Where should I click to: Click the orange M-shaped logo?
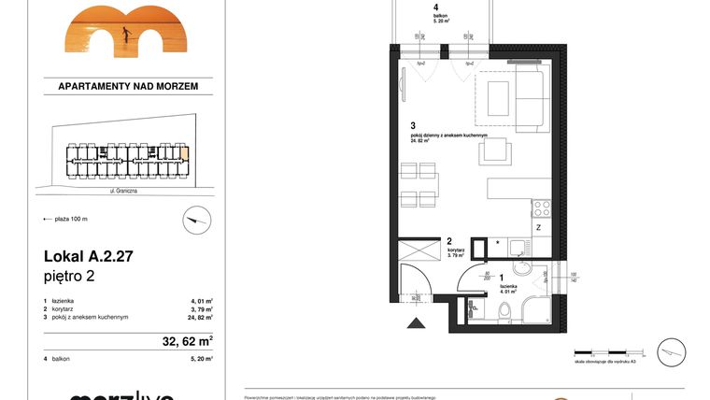point(127,29)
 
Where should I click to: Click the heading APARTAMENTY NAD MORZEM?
point(128,86)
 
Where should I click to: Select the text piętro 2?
point(69,276)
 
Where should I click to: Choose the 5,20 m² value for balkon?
point(201,359)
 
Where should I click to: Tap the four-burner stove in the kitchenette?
point(543,207)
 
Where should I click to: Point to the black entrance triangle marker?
point(415,323)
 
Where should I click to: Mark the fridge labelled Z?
point(540,228)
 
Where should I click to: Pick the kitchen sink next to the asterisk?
point(516,246)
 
